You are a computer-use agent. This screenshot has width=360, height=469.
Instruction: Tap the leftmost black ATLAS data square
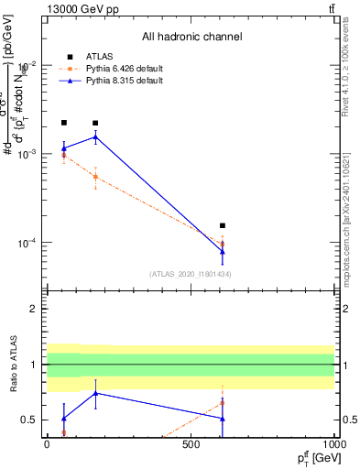pos(63,123)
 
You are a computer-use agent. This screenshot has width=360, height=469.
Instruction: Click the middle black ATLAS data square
pos(95,123)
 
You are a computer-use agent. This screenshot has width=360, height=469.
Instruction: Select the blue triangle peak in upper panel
pos(95,137)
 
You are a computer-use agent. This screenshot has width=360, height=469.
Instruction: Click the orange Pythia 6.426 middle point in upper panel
pos(95,177)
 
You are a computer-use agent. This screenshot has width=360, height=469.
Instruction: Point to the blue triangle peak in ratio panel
pos(95,393)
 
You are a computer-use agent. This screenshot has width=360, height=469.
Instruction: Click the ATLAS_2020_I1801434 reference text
pos(190,275)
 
